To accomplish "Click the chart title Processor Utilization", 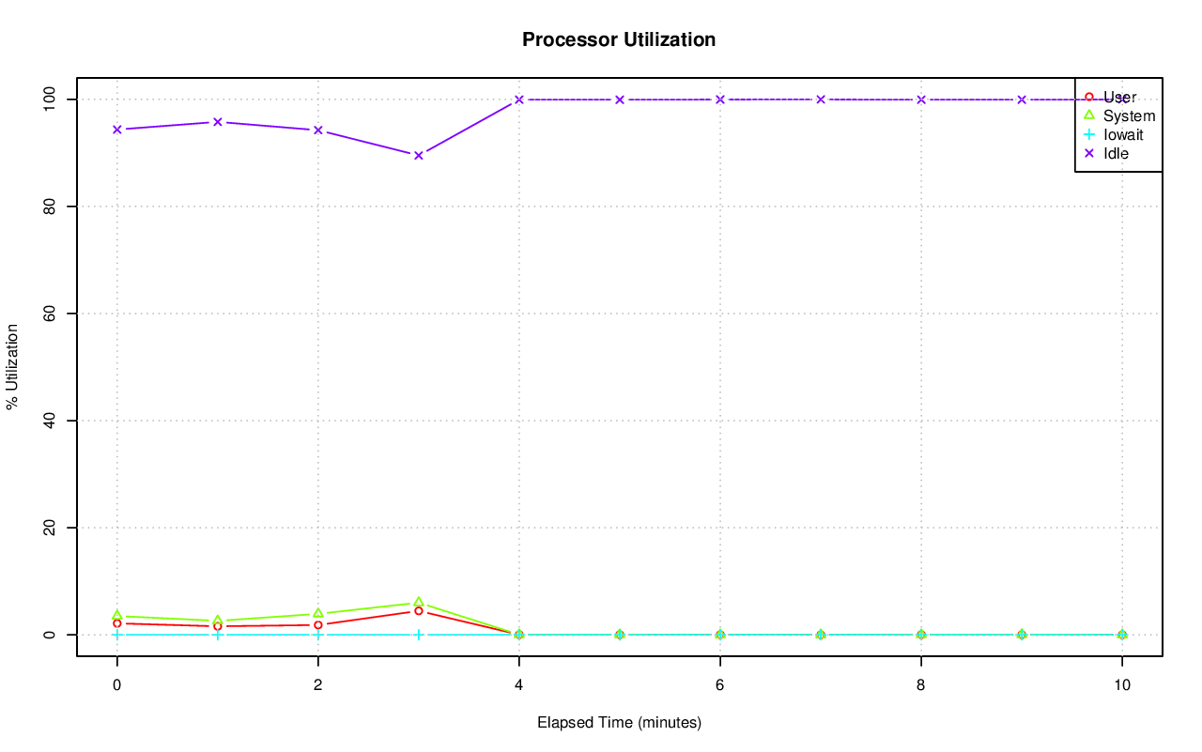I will coord(619,40).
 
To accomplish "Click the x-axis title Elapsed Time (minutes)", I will coord(619,723).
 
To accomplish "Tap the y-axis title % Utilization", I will coord(13,366).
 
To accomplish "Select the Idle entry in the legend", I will coord(1116,153).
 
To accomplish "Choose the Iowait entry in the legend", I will coord(1122,134).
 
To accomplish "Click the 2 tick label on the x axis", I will coord(317,685).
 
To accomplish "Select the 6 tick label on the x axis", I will coord(719,685).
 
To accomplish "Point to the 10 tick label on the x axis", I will coord(1121,685).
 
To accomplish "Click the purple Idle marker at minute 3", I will coord(418,155).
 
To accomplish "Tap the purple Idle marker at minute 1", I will coord(217,122).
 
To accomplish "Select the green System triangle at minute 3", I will coord(418,602).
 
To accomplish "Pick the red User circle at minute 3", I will coord(418,611).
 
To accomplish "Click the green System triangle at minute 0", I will coord(116,615).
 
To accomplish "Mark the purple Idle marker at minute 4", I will coord(518,100).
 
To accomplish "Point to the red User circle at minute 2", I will coord(317,625).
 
